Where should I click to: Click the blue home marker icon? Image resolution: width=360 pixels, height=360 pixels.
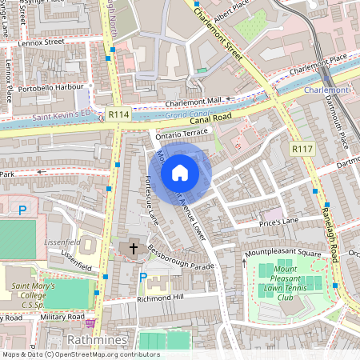pyautogui.click(x=180, y=172)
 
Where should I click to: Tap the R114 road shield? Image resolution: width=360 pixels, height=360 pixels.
pyautogui.click(x=119, y=115)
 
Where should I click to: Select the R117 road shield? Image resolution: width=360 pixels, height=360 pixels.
pyautogui.click(x=302, y=149)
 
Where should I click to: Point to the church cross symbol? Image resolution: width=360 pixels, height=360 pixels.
pyautogui.click(x=133, y=249)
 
